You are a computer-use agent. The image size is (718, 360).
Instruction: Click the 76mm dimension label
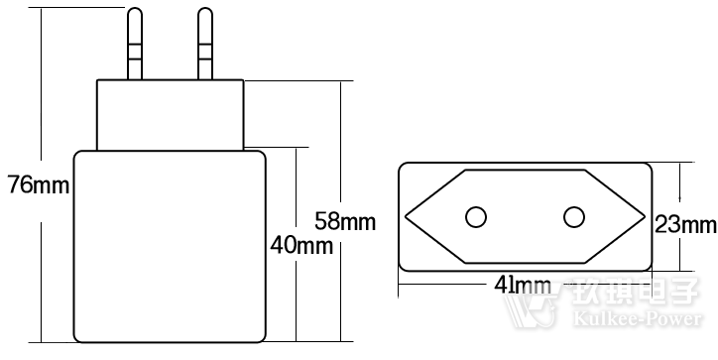click(x=37, y=185)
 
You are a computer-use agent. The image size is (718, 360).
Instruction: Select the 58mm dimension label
click(x=344, y=221)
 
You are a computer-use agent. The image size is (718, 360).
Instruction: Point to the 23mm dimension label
click(x=685, y=225)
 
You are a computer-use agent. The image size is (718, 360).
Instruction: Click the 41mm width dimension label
click(x=522, y=286)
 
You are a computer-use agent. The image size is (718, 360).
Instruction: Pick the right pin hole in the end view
click(x=573, y=217)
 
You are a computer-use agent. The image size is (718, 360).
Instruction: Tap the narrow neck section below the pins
click(x=170, y=115)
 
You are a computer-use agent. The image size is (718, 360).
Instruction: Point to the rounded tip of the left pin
click(x=136, y=13)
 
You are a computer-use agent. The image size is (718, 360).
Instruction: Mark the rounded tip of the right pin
click(x=205, y=13)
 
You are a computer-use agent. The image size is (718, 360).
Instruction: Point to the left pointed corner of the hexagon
click(x=407, y=217)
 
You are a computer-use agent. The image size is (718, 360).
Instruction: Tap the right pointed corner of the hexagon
click(x=644, y=217)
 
